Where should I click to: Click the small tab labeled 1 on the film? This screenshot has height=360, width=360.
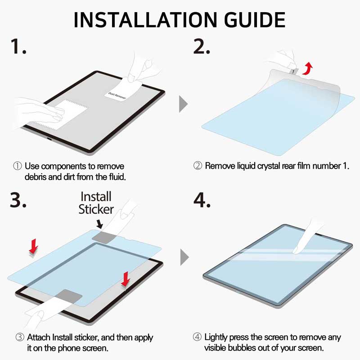(292, 71)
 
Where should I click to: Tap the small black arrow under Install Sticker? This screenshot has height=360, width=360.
(100, 223)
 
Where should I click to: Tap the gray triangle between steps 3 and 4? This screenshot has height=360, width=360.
(184, 258)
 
